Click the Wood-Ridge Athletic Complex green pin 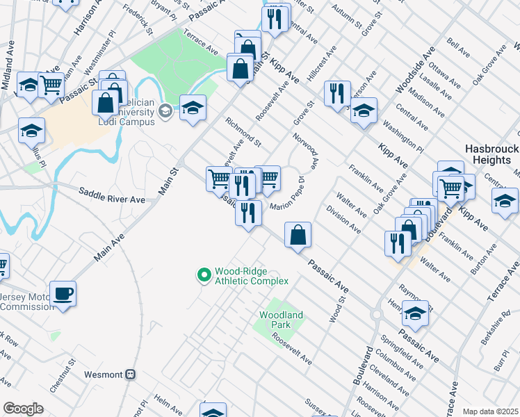(204, 276)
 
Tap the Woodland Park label (281, 320)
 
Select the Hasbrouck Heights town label (487, 154)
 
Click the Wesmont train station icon (129, 373)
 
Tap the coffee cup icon (63, 293)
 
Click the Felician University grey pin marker (165, 111)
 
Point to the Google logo (23, 409)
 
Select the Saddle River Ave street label (111, 195)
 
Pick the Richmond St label (243, 132)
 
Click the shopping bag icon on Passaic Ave (298, 235)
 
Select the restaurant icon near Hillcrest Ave (337, 93)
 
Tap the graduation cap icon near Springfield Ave (415, 314)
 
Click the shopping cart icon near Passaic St (51, 85)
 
